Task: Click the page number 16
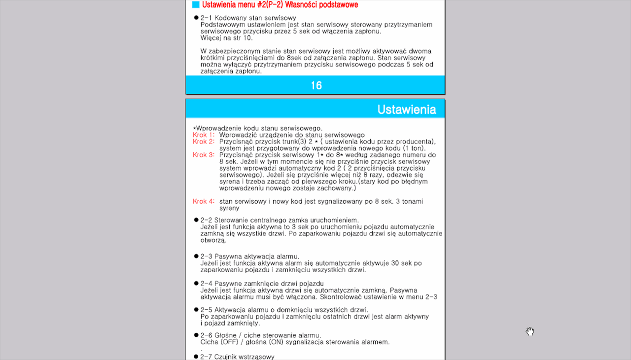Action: [316, 85]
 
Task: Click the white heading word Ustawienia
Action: [406, 109]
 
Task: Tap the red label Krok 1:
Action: [204, 135]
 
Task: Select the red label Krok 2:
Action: [204, 142]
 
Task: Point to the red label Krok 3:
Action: [204, 155]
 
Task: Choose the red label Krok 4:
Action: [204, 201]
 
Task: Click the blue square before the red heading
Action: [196, 5]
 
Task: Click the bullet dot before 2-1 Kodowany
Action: [196, 18]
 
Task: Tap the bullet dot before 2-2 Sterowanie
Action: [196, 220]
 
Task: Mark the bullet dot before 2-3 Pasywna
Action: [196, 256]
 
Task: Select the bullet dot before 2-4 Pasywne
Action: [196, 284]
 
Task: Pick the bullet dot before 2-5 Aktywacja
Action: [196, 310]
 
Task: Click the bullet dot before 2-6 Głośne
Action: [196, 335]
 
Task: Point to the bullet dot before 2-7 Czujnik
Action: [196, 357]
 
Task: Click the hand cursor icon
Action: [530, 331]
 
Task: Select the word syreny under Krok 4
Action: [229, 208]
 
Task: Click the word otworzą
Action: [213, 240]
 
